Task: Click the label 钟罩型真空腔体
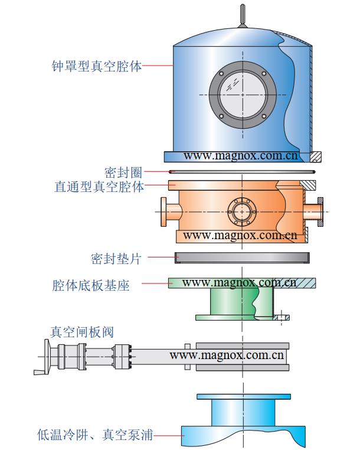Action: coord(97,66)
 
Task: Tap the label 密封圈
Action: coord(123,172)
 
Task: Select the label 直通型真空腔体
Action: coord(99,187)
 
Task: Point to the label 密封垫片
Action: coord(116,258)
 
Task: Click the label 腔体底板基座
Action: coord(91,285)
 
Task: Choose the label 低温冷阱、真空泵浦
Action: coord(94,436)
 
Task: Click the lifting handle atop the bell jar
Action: coord(242,16)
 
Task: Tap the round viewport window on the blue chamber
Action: coord(243,94)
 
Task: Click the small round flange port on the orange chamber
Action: coord(241,211)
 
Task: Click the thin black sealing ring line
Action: coord(242,172)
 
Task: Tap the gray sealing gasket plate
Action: coord(242,257)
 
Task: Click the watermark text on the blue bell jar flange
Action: coord(241,156)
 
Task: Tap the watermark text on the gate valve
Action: coord(227,356)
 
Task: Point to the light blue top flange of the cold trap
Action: coord(242,396)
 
